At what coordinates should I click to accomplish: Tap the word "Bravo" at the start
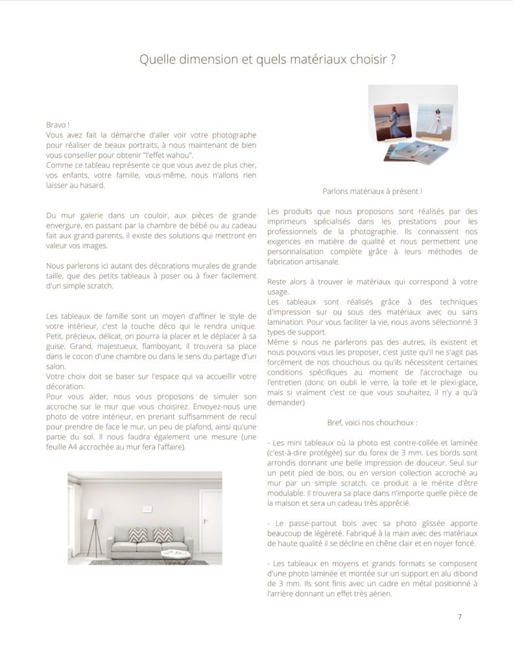click(57, 123)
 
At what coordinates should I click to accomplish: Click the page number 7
click(459, 617)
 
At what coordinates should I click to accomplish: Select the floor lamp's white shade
click(95, 514)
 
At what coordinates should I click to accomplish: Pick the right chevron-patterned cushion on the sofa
click(160, 536)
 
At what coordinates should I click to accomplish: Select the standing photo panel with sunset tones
click(392, 119)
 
